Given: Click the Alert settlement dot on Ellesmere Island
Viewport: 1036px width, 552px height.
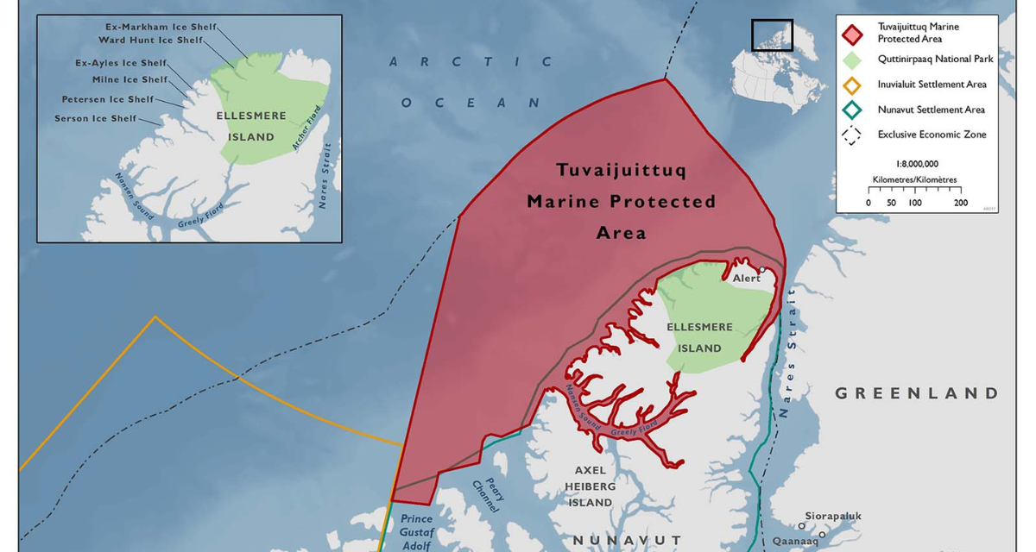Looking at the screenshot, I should click(x=762, y=270).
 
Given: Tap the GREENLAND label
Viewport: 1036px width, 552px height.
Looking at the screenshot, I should click(x=916, y=393).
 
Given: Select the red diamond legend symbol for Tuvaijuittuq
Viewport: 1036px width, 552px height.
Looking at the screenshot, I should click(x=853, y=33).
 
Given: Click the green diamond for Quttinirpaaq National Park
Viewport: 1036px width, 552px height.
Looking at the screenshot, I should click(x=853, y=60).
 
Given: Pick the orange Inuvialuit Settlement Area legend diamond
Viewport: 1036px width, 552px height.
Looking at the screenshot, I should click(x=853, y=85).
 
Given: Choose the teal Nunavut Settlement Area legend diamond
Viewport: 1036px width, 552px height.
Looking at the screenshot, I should click(x=853, y=110).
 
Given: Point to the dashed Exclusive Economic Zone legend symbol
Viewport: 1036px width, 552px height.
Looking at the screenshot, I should click(x=853, y=135).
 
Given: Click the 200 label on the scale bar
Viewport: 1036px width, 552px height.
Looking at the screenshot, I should click(x=960, y=203).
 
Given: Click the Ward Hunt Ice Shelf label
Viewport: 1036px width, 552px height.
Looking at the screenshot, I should click(x=151, y=40).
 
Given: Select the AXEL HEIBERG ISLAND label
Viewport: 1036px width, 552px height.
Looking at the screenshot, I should click(x=591, y=486).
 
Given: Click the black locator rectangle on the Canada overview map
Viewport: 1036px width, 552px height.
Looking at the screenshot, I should click(x=772, y=35).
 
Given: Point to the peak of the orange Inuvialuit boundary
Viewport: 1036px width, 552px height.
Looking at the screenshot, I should click(x=155, y=317).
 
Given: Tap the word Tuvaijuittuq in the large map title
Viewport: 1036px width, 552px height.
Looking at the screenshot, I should click(x=622, y=170).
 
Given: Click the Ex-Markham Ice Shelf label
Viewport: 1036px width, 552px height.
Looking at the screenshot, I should click(x=155, y=27).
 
